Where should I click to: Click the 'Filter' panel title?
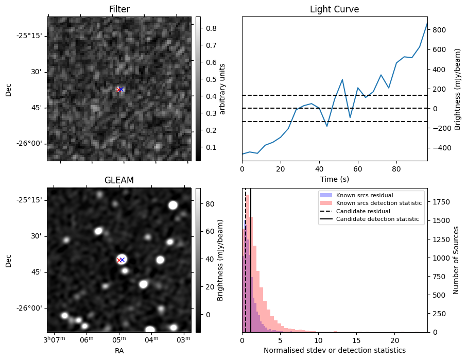[x=119, y=9]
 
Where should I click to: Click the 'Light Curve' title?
[x=334, y=9]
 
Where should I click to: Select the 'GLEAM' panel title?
[x=119, y=180]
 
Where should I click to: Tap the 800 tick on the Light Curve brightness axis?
[x=439, y=30]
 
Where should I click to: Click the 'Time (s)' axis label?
[x=334, y=179]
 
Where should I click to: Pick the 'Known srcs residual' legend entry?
[x=364, y=196]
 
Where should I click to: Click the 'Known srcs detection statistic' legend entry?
[x=378, y=203]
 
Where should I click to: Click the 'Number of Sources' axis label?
[x=456, y=260]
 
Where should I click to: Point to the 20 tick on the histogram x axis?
[x=395, y=340]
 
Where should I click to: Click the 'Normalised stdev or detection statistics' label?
[x=334, y=350]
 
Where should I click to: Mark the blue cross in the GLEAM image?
[x=123, y=260]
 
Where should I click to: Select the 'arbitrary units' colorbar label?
[x=222, y=89]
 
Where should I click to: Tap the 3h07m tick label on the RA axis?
[x=53, y=339]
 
